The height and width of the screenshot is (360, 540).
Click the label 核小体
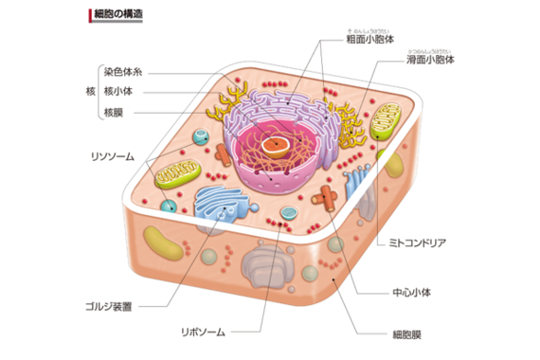tap(120, 91)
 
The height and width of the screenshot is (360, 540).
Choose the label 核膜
tap(115, 112)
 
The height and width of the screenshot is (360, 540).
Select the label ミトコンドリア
tap(417, 243)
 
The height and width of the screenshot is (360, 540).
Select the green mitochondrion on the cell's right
tap(386, 122)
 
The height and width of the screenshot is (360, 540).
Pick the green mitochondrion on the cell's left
tap(178, 173)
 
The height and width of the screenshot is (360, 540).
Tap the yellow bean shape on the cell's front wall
tap(164, 243)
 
